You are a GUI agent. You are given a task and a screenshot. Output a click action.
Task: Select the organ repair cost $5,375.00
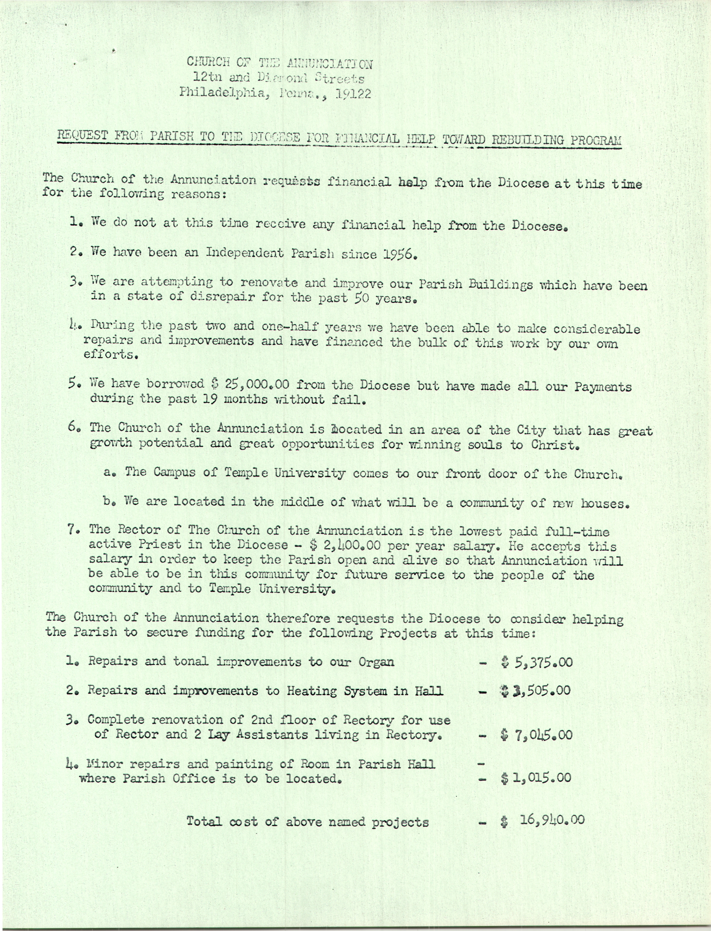pyautogui.click(x=536, y=662)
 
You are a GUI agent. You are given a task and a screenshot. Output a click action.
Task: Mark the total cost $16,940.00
pyautogui.click(x=542, y=821)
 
